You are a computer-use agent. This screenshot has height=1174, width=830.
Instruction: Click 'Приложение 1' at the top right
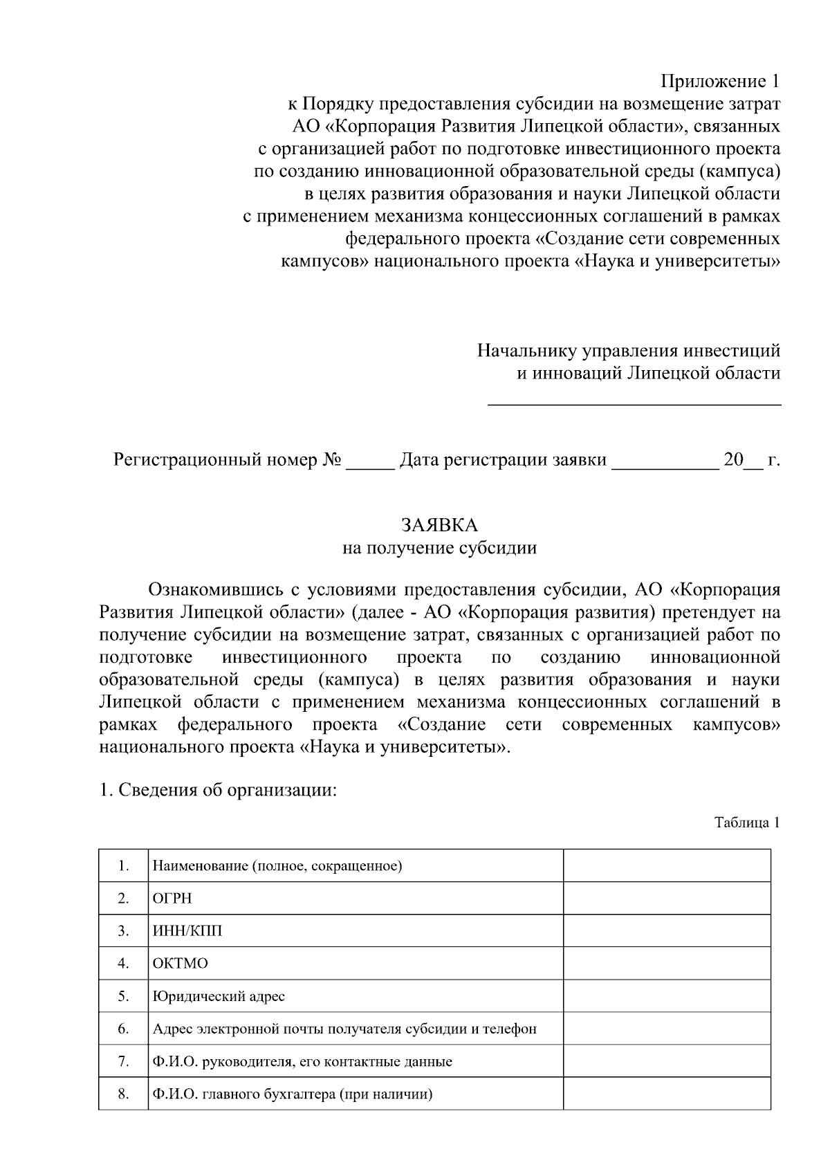[x=720, y=82]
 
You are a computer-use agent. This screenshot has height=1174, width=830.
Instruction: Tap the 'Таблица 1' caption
[x=747, y=823]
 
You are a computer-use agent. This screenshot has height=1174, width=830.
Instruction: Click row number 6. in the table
[x=123, y=1029]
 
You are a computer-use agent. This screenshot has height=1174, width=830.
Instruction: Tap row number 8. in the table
[x=123, y=1094]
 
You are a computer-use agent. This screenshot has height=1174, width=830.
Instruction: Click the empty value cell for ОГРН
[x=667, y=898]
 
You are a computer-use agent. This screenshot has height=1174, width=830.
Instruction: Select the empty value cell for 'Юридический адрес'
[x=667, y=996]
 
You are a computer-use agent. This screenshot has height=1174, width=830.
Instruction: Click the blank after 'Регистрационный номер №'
[x=369, y=462]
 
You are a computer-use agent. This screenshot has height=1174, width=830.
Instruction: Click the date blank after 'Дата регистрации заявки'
[x=665, y=462]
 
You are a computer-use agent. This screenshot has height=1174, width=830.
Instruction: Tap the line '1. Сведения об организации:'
[x=218, y=790]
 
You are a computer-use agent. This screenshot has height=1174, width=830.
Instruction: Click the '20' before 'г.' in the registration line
[x=732, y=461]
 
